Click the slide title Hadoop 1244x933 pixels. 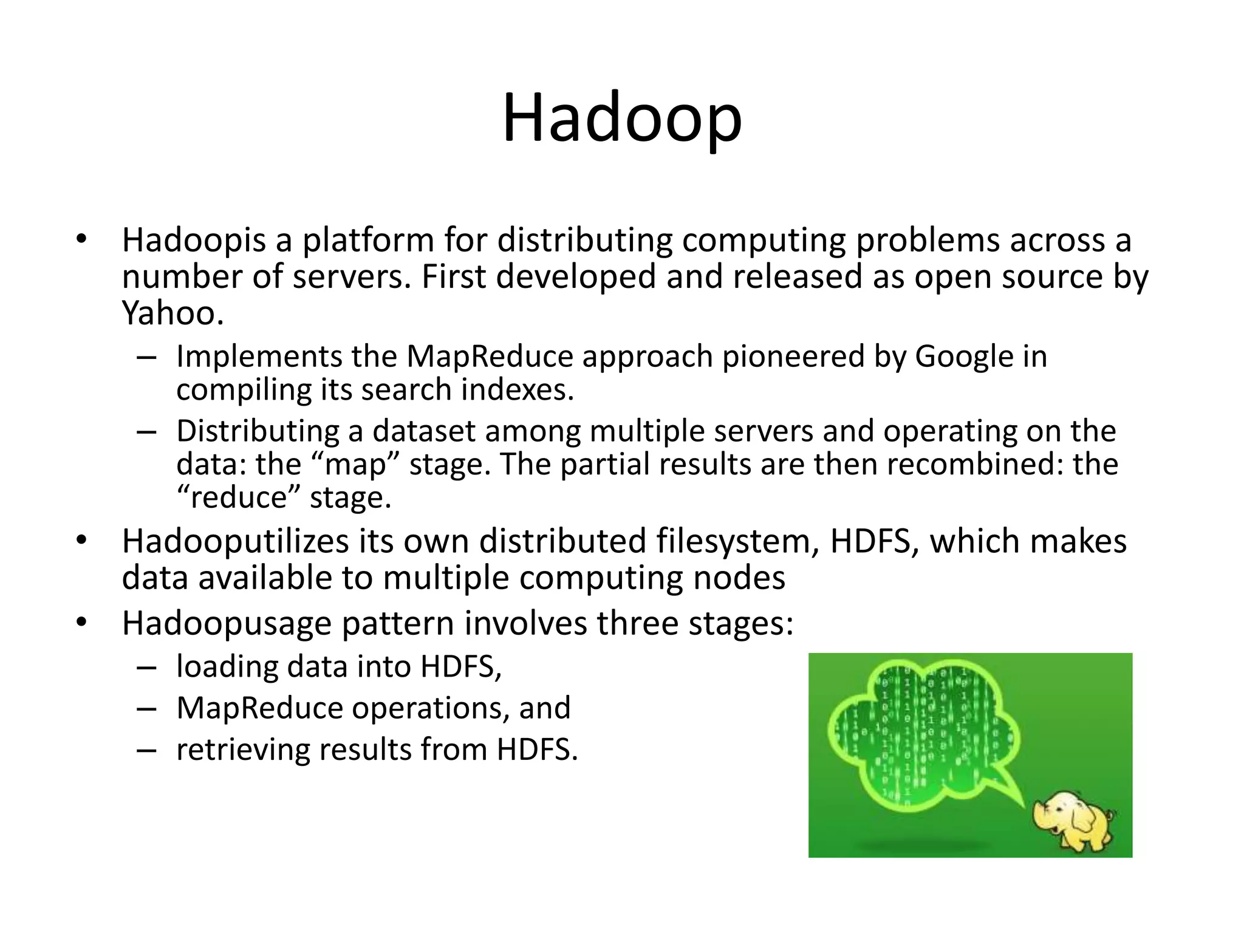tap(622, 118)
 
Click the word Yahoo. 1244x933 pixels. tap(173, 313)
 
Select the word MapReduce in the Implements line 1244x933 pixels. tap(490, 357)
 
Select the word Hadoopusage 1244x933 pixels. tap(227, 624)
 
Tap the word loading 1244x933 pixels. tap(227, 667)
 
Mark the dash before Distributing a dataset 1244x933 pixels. tap(146, 432)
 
